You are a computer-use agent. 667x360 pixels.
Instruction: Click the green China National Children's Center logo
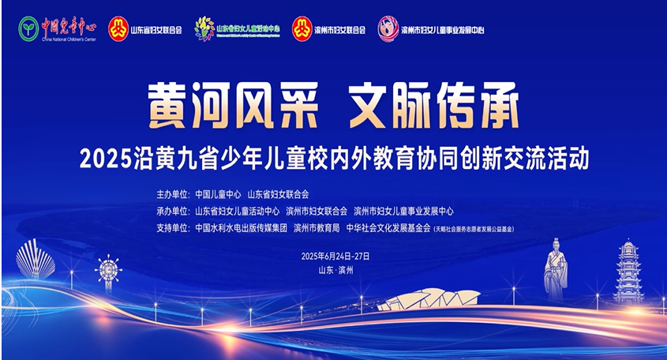point(29,29)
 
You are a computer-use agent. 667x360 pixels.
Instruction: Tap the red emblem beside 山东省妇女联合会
point(118,29)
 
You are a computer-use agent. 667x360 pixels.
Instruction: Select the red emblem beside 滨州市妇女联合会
point(302,29)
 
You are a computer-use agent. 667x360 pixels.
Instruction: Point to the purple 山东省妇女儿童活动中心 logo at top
point(204,29)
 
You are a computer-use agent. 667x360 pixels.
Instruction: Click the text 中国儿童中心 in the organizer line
point(218,193)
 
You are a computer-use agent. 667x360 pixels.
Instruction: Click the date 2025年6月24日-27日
point(335,257)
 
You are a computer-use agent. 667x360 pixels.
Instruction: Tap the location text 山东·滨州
point(334,270)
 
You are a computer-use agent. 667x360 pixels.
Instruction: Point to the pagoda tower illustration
point(629,272)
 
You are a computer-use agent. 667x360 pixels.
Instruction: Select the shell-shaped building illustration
point(36,259)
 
